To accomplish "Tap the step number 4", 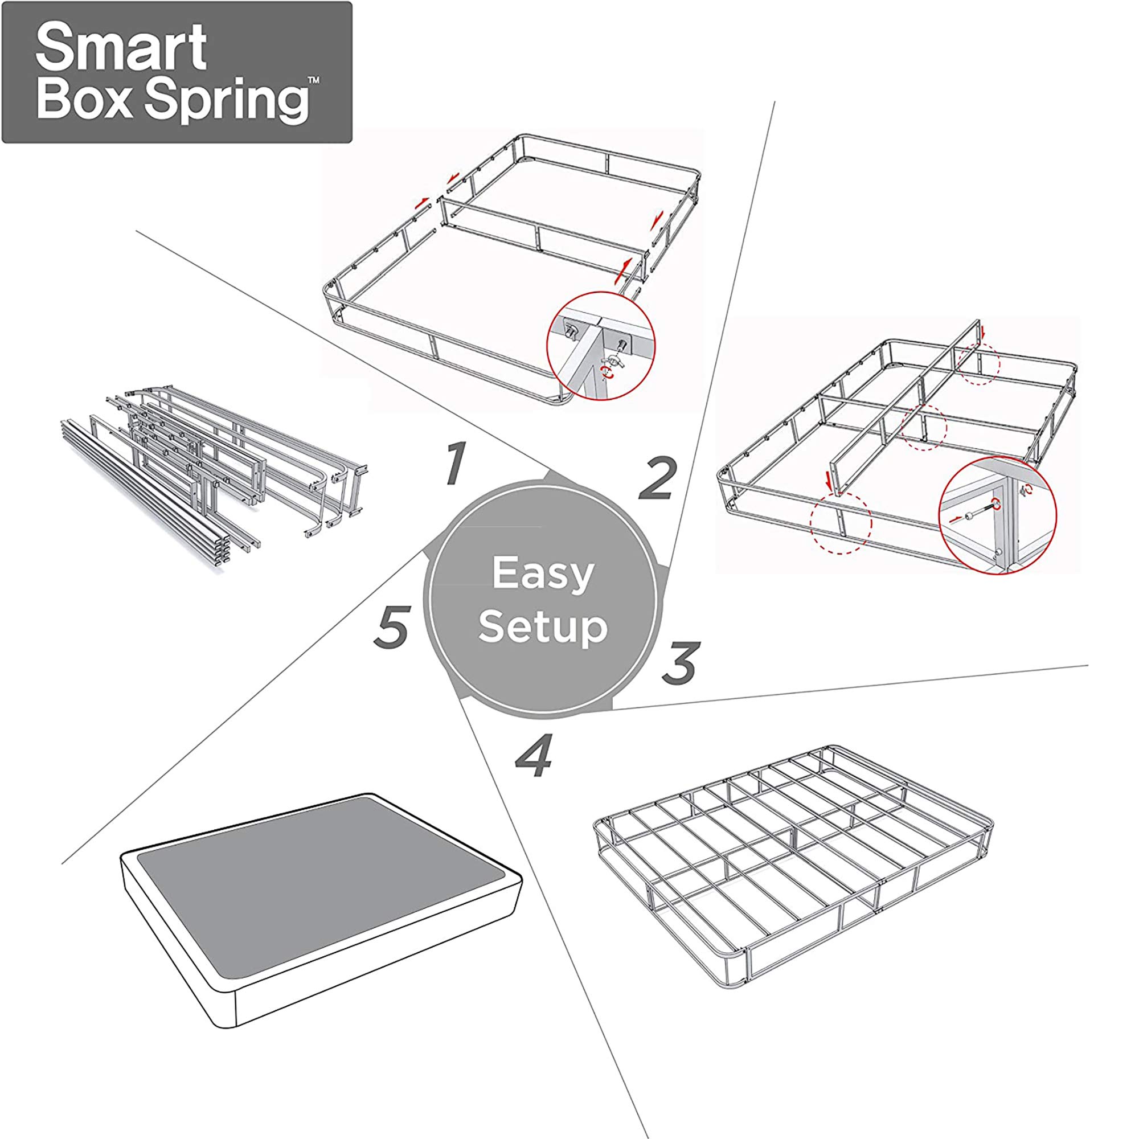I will [x=534, y=756].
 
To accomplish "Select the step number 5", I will [x=391, y=627].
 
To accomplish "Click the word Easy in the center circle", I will [x=542, y=573].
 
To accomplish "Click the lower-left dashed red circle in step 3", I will [x=841, y=523].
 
